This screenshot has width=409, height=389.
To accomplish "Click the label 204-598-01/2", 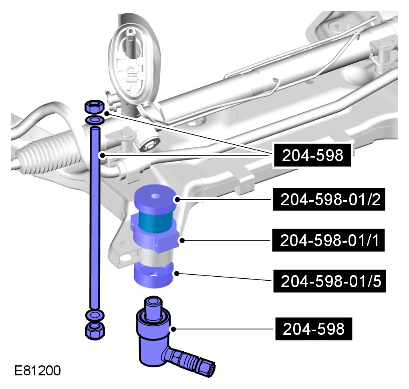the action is (x=329, y=199).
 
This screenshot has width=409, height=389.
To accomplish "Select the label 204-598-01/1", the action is (x=328, y=240).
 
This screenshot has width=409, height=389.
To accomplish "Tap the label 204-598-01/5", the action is (x=329, y=281).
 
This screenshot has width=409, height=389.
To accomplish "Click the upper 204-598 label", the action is (x=312, y=155).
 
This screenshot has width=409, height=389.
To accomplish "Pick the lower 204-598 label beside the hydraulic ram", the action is (x=314, y=329).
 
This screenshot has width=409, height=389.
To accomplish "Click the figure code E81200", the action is (x=38, y=371).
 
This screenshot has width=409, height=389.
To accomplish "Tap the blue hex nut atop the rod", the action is (x=95, y=107).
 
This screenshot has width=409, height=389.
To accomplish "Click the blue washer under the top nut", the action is (x=95, y=120).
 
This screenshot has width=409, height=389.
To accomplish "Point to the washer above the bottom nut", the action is (x=95, y=315).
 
